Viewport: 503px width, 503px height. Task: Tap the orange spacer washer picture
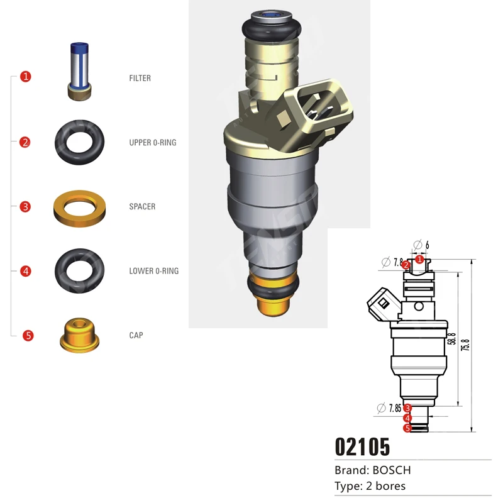click(79, 206)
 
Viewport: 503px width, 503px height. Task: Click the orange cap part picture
click(79, 335)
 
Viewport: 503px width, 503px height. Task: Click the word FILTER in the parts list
click(140, 79)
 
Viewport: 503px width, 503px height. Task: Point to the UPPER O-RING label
click(152, 143)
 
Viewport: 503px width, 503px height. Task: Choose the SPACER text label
click(142, 207)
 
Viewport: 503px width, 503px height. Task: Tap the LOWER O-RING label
click(153, 271)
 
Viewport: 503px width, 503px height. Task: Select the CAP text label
click(136, 335)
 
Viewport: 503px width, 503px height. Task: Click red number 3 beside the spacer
click(25, 207)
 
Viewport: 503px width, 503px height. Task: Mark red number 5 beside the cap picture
click(28, 336)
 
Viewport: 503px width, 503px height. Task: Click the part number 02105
click(362, 446)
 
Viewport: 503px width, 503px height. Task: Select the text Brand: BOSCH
click(372, 470)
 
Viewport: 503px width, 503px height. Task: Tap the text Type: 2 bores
click(370, 486)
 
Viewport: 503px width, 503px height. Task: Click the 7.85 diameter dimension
click(394, 408)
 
